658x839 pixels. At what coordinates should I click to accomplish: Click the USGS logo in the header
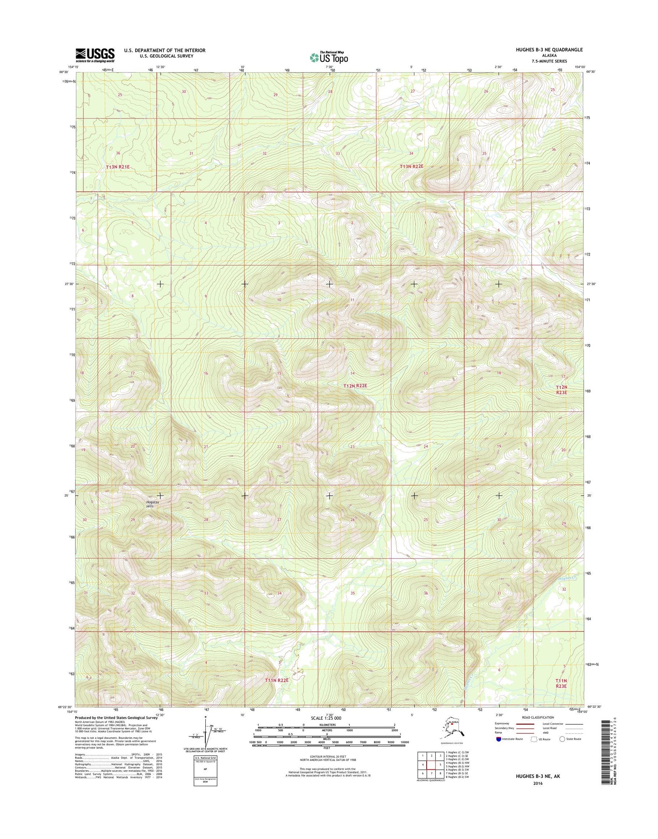(95, 55)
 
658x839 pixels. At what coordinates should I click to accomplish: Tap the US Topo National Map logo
(329, 57)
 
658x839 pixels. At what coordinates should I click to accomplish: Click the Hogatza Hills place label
(150, 503)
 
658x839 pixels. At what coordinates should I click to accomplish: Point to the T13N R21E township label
(118, 167)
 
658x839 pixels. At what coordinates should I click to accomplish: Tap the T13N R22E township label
(411, 167)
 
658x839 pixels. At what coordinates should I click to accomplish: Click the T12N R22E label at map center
(355, 386)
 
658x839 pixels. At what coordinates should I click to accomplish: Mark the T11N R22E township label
(277, 680)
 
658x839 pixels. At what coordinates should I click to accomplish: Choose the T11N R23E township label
(561, 683)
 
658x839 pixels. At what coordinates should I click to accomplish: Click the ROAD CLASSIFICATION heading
(538, 717)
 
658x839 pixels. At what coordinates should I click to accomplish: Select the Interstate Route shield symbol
(499, 739)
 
